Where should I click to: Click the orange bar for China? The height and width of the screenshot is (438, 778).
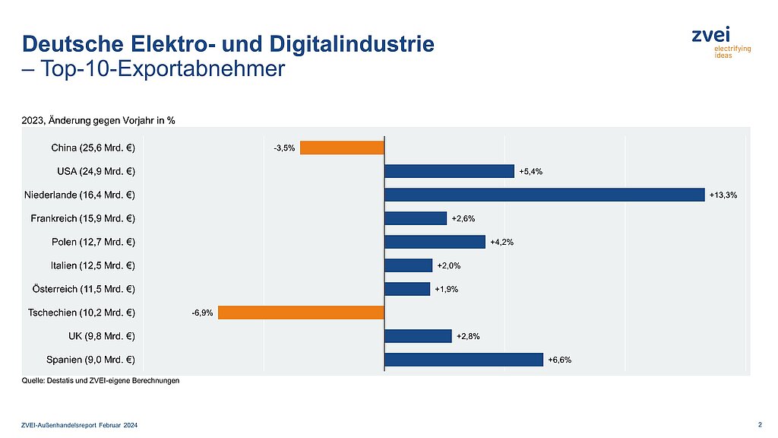[x=342, y=148]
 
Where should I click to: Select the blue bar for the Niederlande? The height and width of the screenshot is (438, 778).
[x=544, y=195]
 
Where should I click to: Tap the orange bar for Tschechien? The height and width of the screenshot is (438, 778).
[x=301, y=313]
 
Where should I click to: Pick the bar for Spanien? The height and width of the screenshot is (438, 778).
[x=463, y=360]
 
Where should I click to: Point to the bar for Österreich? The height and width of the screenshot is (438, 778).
[x=407, y=289]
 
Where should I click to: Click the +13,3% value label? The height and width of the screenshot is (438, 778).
[x=723, y=195]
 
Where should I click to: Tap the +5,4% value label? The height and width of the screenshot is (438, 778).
[x=530, y=172]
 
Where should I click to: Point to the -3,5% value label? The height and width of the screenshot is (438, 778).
[x=284, y=148]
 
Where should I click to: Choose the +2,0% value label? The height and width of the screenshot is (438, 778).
[x=449, y=265]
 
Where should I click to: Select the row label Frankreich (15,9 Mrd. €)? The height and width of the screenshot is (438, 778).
[x=83, y=218]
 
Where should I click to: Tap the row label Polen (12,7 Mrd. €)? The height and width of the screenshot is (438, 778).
[x=92, y=242]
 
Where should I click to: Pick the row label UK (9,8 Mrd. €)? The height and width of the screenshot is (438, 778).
[x=101, y=336]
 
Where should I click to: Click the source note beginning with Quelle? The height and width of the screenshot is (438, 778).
[x=100, y=381]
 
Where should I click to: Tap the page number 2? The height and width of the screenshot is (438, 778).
[x=761, y=423]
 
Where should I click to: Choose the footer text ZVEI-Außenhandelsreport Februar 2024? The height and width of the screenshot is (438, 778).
[x=80, y=424]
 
